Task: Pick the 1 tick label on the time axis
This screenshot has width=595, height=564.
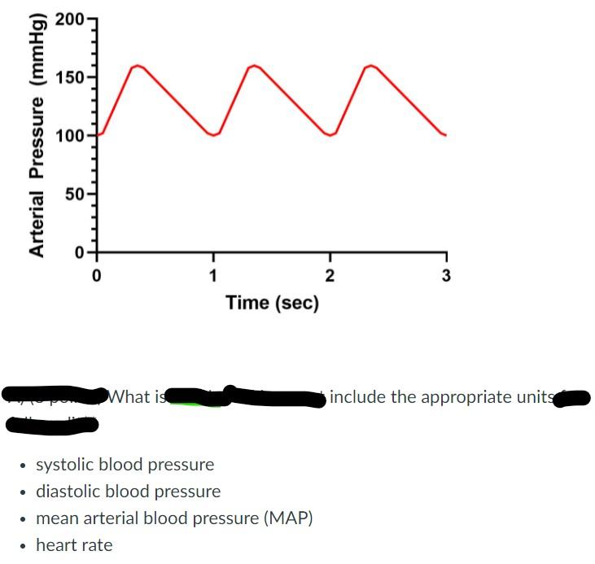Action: (x=213, y=274)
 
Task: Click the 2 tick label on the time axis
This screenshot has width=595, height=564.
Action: (x=330, y=274)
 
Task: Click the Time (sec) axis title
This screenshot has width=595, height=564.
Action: (x=272, y=304)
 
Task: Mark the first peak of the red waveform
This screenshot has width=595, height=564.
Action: (x=138, y=65)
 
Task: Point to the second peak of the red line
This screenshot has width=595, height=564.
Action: (x=254, y=65)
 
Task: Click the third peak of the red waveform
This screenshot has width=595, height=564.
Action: (x=370, y=65)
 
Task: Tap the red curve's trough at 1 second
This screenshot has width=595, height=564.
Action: (x=213, y=135)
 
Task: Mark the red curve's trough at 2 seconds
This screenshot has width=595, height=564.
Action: (x=330, y=135)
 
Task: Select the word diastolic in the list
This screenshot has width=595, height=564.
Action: (x=68, y=492)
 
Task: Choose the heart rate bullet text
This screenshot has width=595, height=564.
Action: (x=74, y=545)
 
